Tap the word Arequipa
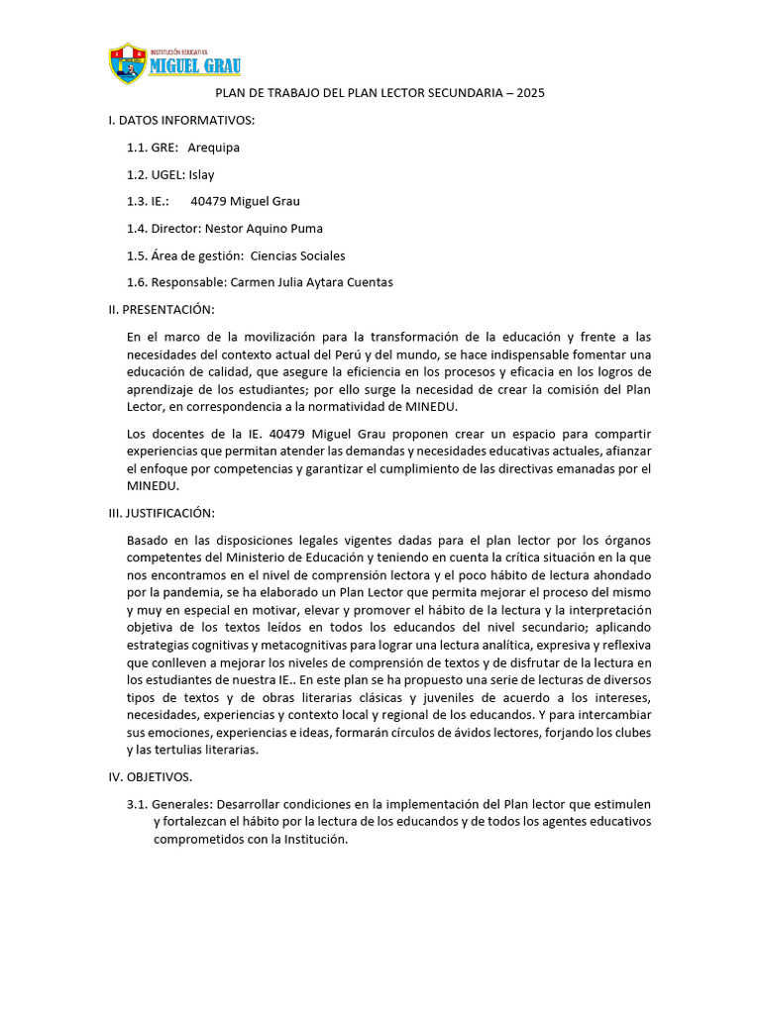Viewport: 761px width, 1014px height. click(x=213, y=148)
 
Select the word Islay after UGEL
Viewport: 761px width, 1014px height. click(x=201, y=174)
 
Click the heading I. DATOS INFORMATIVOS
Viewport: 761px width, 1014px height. click(x=181, y=120)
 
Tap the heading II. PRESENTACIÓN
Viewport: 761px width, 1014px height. click(x=161, y=310)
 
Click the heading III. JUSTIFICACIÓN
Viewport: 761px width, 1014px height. click(x=162, y=513)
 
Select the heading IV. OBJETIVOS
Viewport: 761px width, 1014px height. click(x=151, y=777)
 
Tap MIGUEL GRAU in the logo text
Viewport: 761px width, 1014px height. click(x=194, y=66)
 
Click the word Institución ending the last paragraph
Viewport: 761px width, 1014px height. click(x=315, y=839)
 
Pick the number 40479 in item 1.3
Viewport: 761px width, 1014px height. click(x=210, y=201)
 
